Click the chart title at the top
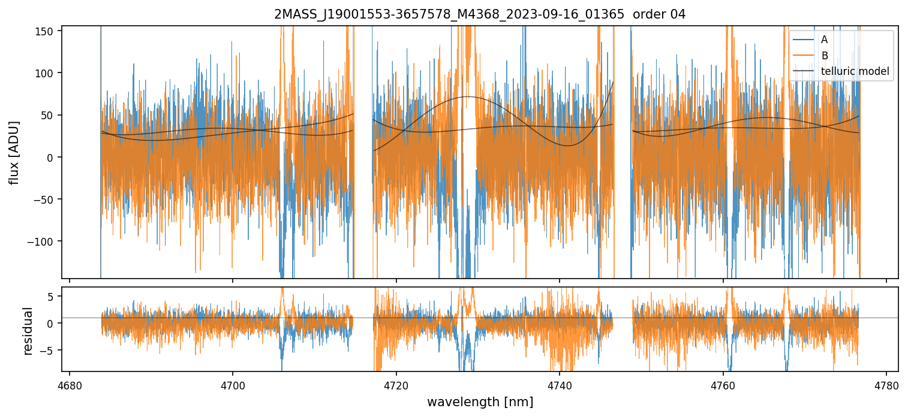click(480, 14)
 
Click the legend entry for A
click(824, 40)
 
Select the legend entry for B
click(824, 56)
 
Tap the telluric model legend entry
click(855, 72)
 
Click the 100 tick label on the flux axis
click(48, 73)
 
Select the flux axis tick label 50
click(50, 115)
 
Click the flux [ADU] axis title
click(13, 152)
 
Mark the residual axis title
click(28, 331)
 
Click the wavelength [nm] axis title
click(480, 401)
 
